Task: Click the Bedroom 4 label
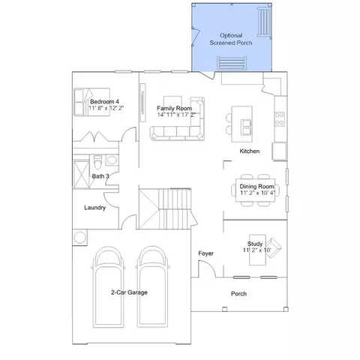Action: point(104,102)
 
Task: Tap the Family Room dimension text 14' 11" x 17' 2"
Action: point(176,115)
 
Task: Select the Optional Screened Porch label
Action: point(231,39)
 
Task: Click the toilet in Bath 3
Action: point(98,162)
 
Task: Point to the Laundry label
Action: point(94,208)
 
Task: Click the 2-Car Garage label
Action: point(129,292)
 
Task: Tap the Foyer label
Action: point(206,253)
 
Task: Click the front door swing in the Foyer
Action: point(207,268)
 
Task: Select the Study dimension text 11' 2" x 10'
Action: point(257,250)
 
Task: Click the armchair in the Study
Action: point(273,248)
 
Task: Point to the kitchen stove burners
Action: point(280,119)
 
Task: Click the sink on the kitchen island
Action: point(246,127)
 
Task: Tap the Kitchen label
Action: point(250,151)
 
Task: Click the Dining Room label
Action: point(256,187)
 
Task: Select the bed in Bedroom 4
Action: point(91,102)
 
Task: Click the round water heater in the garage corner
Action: point(80,237)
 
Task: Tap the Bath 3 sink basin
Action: point(112,160)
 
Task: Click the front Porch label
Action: point(238,294)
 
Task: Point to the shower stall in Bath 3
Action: point(81,174)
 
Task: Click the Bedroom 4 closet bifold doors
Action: point(95,136)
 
